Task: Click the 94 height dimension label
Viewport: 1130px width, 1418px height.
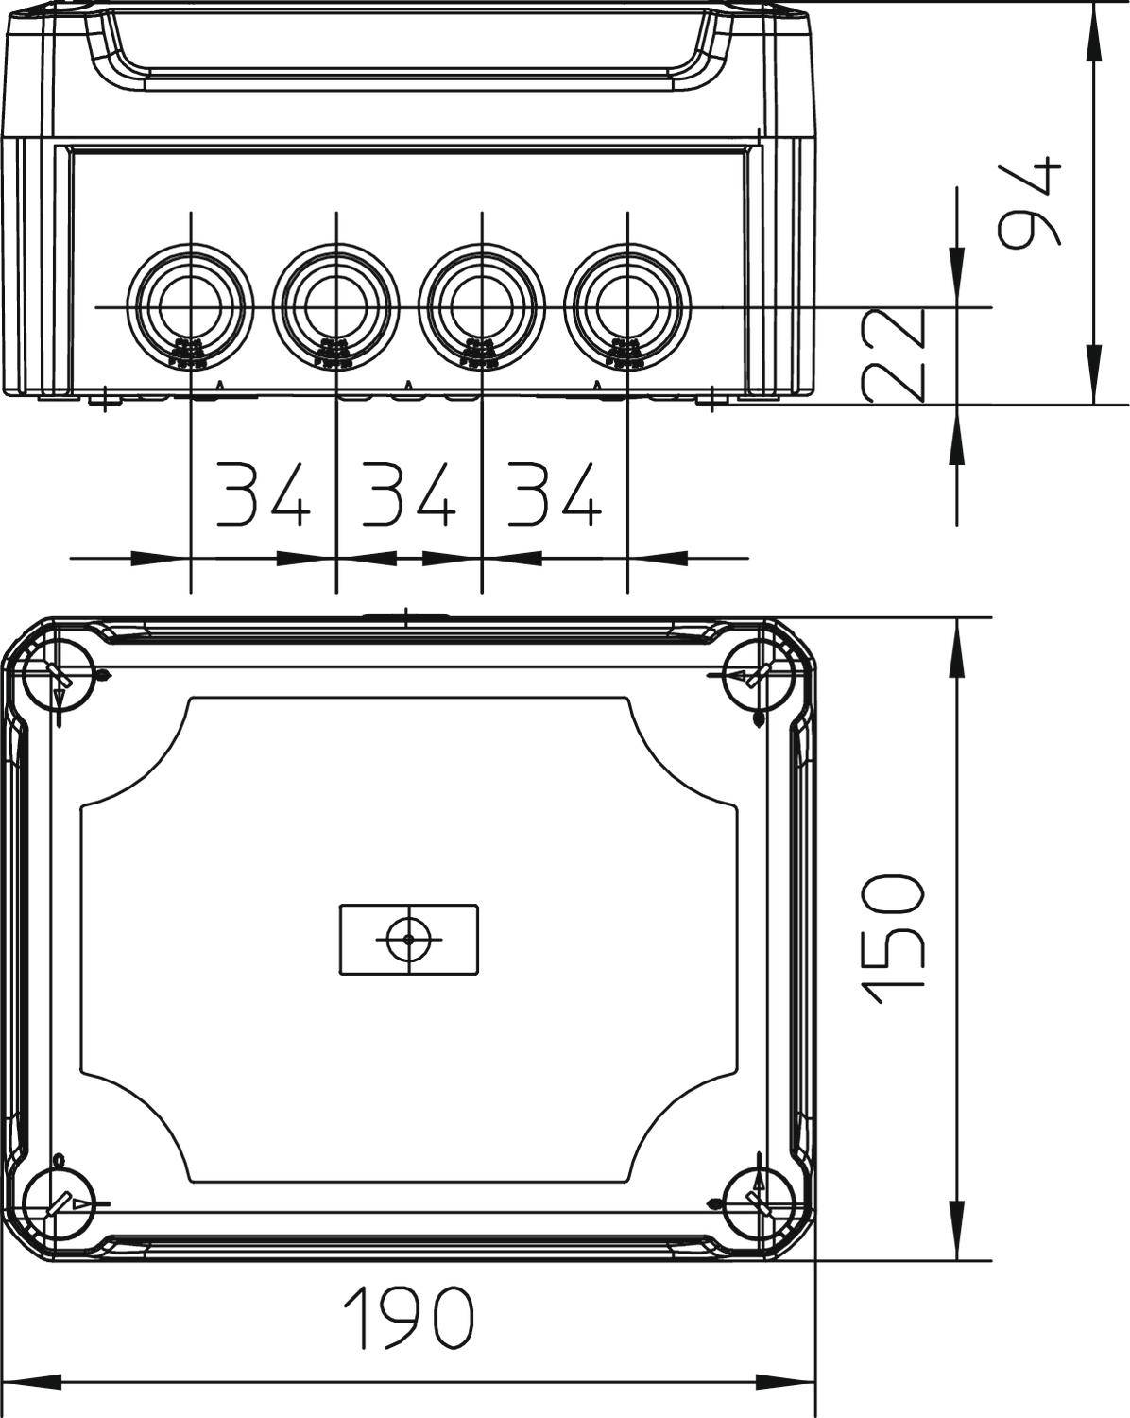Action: (x=1032, y=203)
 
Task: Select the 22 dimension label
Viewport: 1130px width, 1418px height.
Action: (x=892, y=354)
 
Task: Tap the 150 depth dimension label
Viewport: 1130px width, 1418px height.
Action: (x=892, y=939)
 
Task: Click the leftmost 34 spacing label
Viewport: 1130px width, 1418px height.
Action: (x=264, y=494)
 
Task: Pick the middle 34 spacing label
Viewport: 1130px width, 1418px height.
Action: (x=409, y=494)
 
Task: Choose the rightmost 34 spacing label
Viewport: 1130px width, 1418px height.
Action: (x=555, y=494)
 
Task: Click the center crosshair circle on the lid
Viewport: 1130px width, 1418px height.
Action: (x=408, y=939)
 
